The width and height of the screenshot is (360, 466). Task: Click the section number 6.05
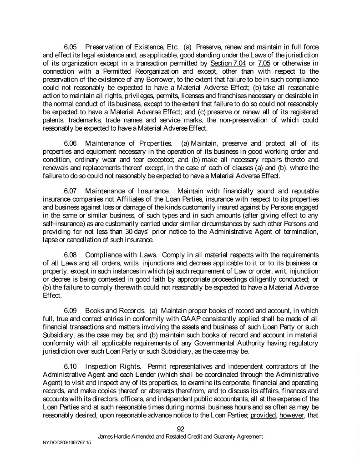click(x=71, y=47)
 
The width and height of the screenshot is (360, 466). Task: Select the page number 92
click(x=180, y=429)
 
